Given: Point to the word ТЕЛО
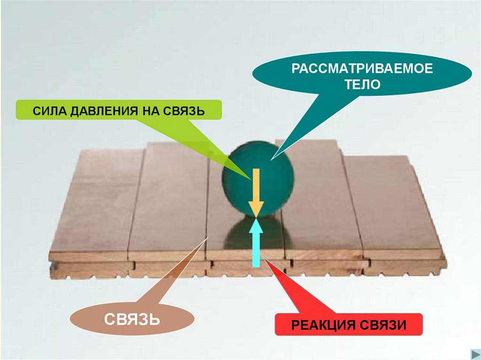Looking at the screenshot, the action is point(362,85).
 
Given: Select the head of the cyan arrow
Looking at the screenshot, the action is point(256,225).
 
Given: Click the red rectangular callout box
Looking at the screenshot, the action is point(349,325).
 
